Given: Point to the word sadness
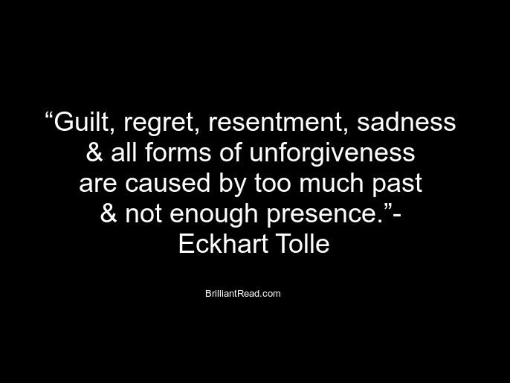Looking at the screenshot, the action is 406,122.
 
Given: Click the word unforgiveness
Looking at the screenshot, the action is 332,154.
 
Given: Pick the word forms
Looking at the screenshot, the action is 178,152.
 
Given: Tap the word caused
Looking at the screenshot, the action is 167,182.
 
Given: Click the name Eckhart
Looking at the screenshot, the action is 223,243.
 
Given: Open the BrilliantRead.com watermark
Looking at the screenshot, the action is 243,294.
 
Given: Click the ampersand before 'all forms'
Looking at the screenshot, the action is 94,152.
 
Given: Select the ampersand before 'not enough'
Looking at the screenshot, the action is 109,213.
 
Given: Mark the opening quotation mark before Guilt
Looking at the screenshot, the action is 49,115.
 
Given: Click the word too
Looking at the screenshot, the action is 273,183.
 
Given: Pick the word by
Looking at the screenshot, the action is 232,184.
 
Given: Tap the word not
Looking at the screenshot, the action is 143,214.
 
